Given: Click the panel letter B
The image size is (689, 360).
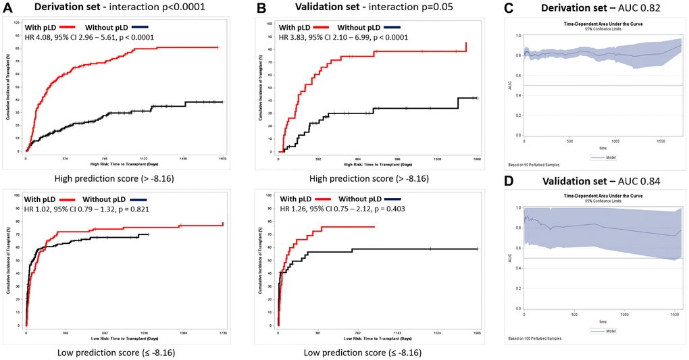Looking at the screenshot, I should pos(259,7).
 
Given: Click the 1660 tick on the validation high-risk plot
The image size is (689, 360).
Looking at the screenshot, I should pos(476,159).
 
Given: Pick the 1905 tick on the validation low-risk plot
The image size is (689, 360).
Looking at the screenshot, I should pos(477,332).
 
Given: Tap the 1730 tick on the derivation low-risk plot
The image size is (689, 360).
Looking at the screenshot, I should pos(222,332).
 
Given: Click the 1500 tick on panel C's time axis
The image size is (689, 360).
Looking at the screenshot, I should pos(659,142).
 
